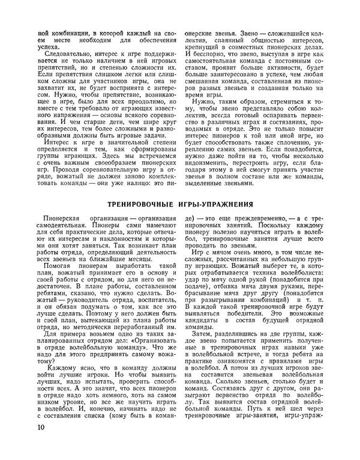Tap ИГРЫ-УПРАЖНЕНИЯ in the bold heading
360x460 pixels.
(215, 204)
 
